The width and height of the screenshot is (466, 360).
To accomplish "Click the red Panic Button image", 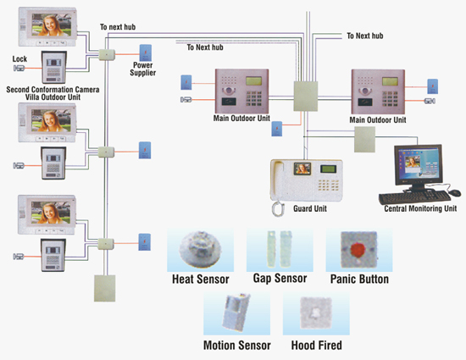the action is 359,250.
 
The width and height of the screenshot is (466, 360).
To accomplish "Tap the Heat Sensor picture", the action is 200,249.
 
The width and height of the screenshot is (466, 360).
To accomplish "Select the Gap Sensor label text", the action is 280,279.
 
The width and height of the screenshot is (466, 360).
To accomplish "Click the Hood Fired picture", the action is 316,313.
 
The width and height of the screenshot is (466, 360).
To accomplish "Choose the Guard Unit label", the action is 310,208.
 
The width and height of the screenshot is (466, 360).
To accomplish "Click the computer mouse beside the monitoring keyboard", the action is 454,193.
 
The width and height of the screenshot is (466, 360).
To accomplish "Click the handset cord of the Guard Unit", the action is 278,208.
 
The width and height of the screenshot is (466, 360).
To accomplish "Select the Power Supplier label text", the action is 143,69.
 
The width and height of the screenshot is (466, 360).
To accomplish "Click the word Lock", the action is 19,58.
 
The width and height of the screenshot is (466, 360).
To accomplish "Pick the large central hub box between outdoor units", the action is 306,96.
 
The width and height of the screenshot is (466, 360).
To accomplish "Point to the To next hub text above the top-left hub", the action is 118,27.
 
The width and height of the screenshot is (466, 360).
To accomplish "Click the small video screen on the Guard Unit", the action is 302,169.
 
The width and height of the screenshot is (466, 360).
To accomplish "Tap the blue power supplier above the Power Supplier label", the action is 146,53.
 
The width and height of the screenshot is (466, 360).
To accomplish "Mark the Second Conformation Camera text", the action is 53,90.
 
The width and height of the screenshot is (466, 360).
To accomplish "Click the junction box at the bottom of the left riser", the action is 104,288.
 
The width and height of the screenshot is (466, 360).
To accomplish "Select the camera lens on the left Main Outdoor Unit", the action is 228,91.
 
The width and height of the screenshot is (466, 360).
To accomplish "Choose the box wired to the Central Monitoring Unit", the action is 364,139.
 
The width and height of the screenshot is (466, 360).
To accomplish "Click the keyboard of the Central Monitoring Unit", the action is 415,197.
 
